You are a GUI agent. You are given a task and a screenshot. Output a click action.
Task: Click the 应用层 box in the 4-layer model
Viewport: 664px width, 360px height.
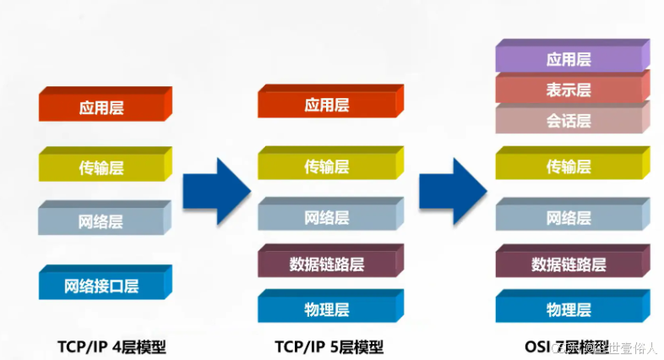coord(102,107)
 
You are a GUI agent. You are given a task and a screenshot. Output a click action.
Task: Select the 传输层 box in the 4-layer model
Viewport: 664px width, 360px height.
coord(102,167)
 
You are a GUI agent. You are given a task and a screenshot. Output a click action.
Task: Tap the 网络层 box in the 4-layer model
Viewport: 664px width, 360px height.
coord(102,222)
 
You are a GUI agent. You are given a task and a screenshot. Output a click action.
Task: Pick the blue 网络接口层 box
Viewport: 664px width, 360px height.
coord(102,286)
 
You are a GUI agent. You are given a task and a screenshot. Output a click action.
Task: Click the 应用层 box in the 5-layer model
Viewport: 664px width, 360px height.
coord(326,105)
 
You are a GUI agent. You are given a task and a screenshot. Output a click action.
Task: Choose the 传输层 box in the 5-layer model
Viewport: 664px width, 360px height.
coord(326,166)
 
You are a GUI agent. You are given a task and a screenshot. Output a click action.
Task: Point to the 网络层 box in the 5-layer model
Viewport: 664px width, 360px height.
coord(326,217)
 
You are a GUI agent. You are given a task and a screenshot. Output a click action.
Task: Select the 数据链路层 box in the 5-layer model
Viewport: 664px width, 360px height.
coord(326,264)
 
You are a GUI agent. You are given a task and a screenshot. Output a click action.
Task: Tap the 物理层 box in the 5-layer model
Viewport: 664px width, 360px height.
coord(326,309)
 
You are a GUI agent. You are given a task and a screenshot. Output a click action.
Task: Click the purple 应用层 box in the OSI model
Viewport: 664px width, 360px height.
coord(569,59)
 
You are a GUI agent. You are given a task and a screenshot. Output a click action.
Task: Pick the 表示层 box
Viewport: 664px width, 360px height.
coord(569,90)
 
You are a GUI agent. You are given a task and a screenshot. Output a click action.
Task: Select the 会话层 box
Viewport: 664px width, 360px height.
coord(569,121)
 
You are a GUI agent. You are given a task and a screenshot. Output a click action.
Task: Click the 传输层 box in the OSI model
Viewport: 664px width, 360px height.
coord(569,166)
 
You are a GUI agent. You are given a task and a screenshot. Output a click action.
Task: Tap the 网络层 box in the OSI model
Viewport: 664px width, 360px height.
coord(569,217)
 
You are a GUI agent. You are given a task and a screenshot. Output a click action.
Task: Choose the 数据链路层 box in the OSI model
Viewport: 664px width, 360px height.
coord(569,264)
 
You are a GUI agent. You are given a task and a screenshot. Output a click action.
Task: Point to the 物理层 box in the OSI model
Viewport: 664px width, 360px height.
coord(569,309)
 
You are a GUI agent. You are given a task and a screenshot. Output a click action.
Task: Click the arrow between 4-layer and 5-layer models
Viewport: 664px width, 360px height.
coord(215,190)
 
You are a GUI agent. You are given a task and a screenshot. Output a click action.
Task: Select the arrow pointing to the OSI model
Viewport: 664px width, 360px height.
coord(453,190)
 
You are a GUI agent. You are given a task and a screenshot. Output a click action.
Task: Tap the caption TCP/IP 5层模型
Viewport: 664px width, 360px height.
coord(329,346)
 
